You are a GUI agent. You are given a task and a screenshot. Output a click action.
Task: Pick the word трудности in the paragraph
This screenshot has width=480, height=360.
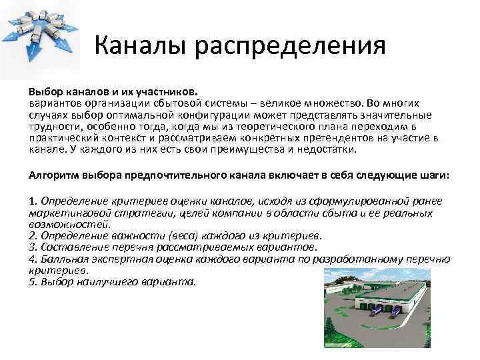(53, 126)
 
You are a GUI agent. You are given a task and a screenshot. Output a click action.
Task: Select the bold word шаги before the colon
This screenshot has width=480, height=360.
(433, 175)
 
